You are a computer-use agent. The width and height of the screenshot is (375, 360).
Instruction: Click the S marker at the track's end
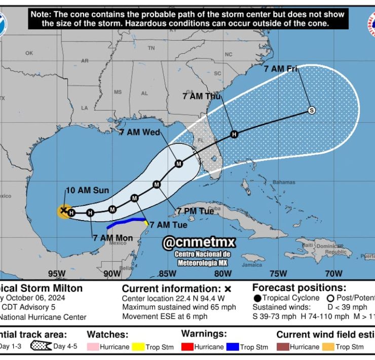click(312, 111)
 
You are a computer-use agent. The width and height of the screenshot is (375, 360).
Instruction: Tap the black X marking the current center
click(64, 210)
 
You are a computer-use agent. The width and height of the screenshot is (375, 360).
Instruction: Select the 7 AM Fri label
click(280, 69)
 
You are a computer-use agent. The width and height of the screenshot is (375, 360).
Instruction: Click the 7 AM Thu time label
click(202, 96)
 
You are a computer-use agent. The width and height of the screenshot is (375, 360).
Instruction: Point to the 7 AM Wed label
click(139, 132)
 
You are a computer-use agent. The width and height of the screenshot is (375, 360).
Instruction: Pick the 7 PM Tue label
click(195, 211)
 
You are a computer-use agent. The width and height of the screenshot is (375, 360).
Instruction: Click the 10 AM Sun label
click(87, 190)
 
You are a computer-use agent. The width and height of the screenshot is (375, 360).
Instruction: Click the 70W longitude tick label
click(333, 274)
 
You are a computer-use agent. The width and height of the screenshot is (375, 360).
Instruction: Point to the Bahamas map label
click(283, 182)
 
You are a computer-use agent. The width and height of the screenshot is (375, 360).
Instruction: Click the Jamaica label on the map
click(252, 265)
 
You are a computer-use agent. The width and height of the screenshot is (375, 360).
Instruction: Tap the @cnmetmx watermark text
click(199, 242)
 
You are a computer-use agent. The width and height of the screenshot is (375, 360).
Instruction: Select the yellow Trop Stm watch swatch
click(138, 347)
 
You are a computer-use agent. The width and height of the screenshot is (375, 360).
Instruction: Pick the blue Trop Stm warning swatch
click(232, 347)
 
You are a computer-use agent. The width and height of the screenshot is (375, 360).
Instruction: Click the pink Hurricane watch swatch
click(93, 347)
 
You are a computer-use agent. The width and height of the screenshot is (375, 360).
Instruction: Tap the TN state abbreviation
click(151, 48)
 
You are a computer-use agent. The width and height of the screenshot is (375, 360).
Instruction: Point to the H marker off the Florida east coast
click(234, 134)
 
